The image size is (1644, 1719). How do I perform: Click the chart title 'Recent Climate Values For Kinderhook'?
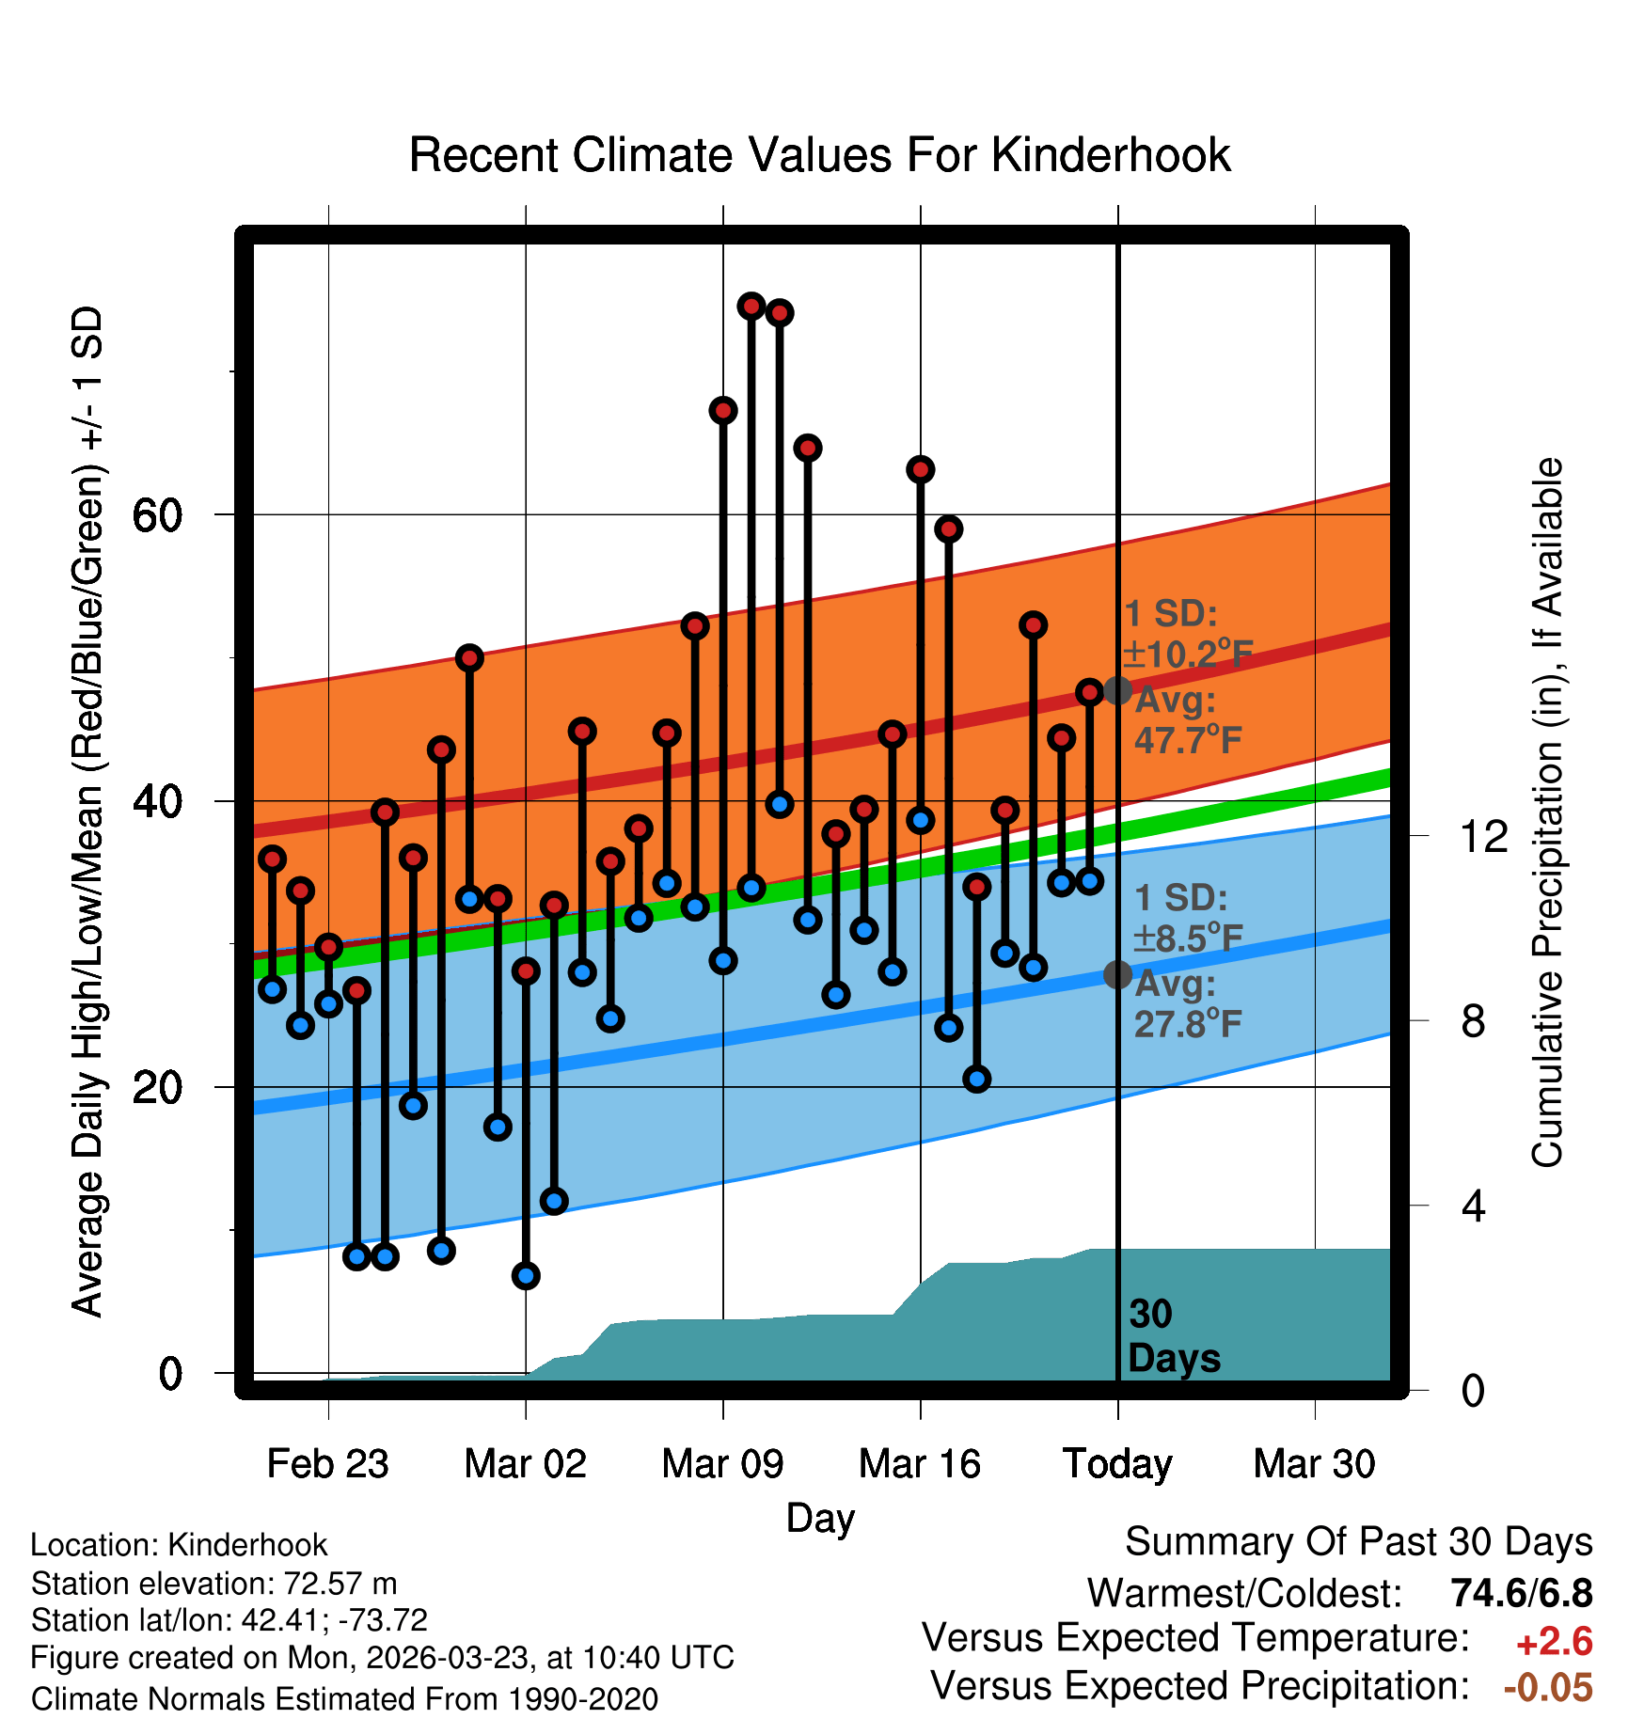[x=819, y=155]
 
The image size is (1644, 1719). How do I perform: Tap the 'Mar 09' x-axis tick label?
[x=722, y=1464]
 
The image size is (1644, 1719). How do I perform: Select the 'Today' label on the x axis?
[x=1117, y=1464]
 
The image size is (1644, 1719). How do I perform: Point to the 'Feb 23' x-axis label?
[x=327, y=1464]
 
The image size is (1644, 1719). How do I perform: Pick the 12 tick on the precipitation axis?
[x=1484, y=836]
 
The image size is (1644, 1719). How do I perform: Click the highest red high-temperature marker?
[x=751, y=306]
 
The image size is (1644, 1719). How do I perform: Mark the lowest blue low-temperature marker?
[x=526, y=1276]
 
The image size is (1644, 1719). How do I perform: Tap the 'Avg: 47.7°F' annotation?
[x=1187, y=721]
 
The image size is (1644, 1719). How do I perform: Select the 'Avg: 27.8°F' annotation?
[x=1187, y=1004]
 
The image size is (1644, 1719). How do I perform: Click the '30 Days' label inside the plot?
[x=1173, y=1336]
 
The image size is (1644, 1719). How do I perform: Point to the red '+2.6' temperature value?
[x=1554, y=1641]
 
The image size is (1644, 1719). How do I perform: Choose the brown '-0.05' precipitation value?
[x=1548, y=1687]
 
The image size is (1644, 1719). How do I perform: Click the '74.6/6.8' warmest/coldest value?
[x=1521, y=1593]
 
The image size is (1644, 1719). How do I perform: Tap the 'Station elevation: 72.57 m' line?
[x=213, y=1584]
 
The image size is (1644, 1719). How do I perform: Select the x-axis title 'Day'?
[x=820, y=1518]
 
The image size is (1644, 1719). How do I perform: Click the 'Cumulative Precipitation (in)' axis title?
[x=1546, y=812]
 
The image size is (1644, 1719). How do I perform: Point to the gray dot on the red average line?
[x=1117, y=690]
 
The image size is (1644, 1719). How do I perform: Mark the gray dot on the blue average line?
[x=1117, y=975]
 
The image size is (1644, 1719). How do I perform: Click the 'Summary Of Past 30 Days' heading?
[x=1358, y=1542]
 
